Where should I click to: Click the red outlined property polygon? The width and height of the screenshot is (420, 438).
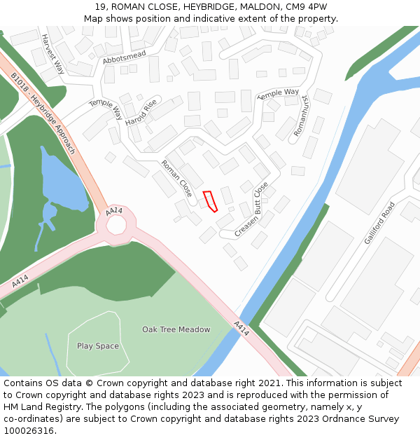pos(210,200)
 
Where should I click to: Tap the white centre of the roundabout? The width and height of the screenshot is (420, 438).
pos(116,224)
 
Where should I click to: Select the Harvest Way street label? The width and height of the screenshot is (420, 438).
pos(52,54)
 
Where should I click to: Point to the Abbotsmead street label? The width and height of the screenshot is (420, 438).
pos(124,57)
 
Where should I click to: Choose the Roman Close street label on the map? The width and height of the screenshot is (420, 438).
pos(176,178)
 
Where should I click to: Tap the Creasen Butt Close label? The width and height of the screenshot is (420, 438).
pos(251,209)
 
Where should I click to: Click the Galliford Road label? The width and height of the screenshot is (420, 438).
pos(379,223)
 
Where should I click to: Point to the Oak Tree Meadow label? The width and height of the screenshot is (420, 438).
pos(176,329)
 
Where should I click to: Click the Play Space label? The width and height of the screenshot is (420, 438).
pos(98,346)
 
